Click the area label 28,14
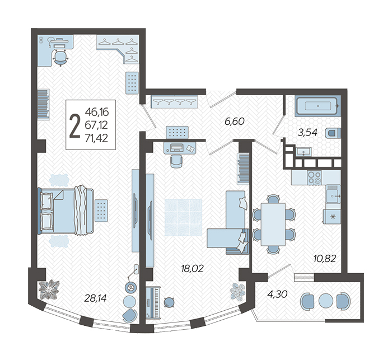pyautogui.click(x=96, y=298)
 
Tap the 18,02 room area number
pyautogui.click(x=192, y=269)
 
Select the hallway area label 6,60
pyautogui.click(x=234, y=121)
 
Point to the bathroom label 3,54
pyautogui.click(x=307, y=132)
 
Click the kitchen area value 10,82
pyautogui.click(x=325, y=259)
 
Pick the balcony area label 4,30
pyautogui.click(x=277, y=294)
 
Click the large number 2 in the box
pyautogui.click(x=74, y=125)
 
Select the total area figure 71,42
pyautogui.click(x=96, y=138)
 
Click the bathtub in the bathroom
pyautogui.click(x=318, y=106)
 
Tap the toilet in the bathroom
pyautogui.click(x=333, y=133)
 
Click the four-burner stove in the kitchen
pyautogui.click(x=314, y=177)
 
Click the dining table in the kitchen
pyautogui.click(x=273, y=224)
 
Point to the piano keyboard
pyautogui.click(x=152, y=303)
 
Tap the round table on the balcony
pyautogui.click(x=325, y=301)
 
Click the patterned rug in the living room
pyautogui.click(x=183, y=218)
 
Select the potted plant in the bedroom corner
pyautogui.click(x=49, y=289)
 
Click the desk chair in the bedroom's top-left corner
pyautogui.click(x=61, y=58)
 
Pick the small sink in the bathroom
pyautogui.click(x=304, y=152)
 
